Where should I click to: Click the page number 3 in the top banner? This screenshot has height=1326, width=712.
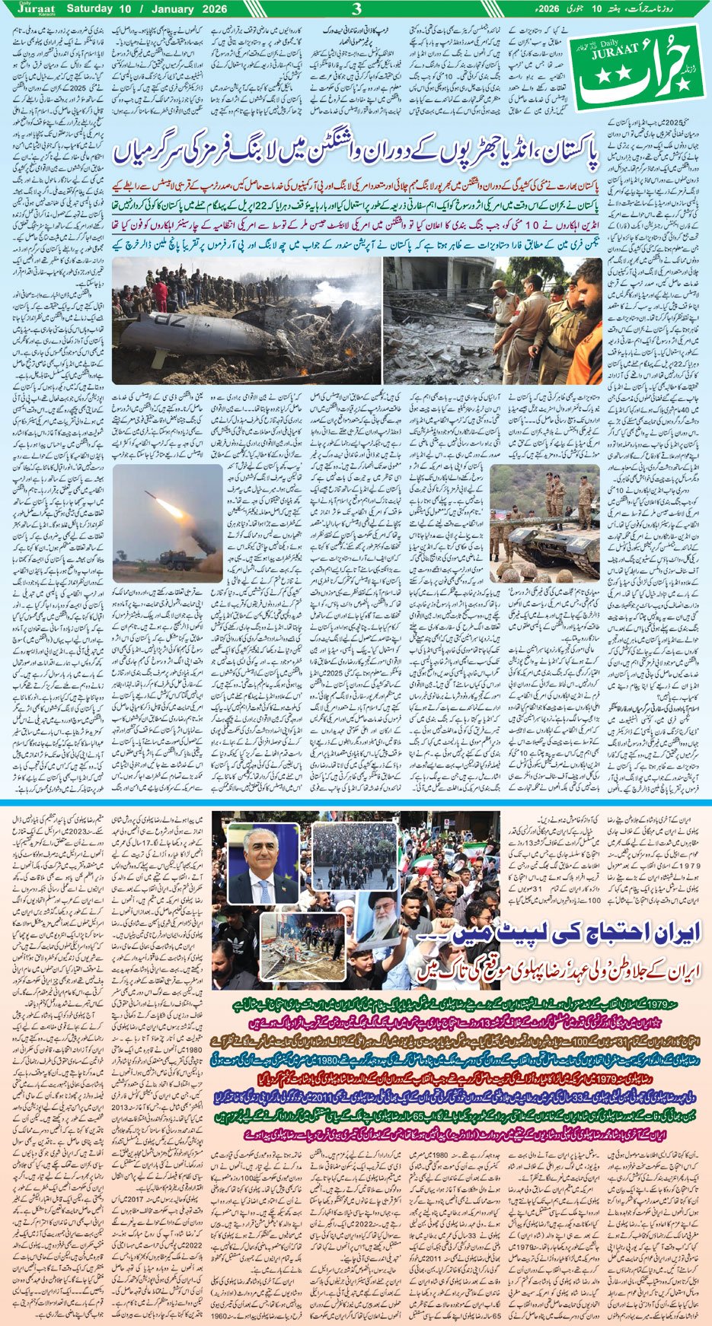pyautogui.click(x=356, y=9)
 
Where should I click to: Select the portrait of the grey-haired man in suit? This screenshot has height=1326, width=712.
pyautogui.click(x=263, y=864)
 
